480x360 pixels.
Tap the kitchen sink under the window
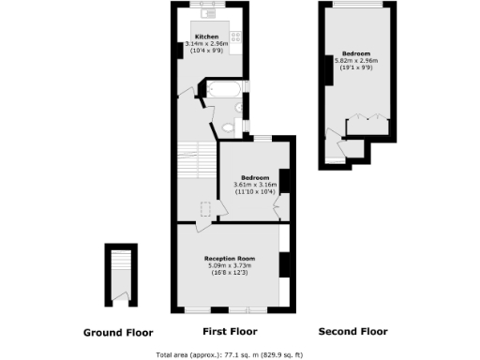pos(208,14)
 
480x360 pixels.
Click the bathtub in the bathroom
pos(223,91)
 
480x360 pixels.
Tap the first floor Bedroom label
pos(254,177)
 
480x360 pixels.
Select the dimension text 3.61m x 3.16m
pos(254,185)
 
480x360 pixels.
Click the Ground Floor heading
pos(118,333)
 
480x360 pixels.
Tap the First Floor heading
pos(230,332)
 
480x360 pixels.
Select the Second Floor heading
pos(352,332)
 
